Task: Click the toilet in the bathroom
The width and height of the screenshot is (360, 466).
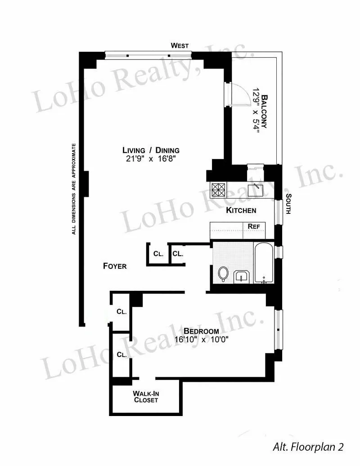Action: (x=223, y=273)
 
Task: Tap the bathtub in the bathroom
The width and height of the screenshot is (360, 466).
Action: (x=264, y=263)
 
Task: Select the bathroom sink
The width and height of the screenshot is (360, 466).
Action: (x=242, y=276)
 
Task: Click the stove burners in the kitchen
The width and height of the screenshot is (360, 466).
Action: (x=218, y=189)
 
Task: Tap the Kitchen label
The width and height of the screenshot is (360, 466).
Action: (x=241, y=210)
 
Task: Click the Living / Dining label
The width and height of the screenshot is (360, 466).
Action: (x=151, y=150)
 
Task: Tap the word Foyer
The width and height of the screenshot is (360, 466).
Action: (x=115, y=266)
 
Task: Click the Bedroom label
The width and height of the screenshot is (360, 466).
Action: (x=201, y=331)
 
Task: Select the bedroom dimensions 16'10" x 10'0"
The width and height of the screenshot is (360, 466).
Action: (x=202, y=340)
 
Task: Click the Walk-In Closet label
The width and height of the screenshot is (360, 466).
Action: (x=146, y=396)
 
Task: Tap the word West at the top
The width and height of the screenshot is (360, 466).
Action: (x=180, y=45)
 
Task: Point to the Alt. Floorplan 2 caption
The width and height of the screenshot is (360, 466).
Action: (x=308, y=447)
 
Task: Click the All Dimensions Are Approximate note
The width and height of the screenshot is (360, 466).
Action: (x=74, y=189)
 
